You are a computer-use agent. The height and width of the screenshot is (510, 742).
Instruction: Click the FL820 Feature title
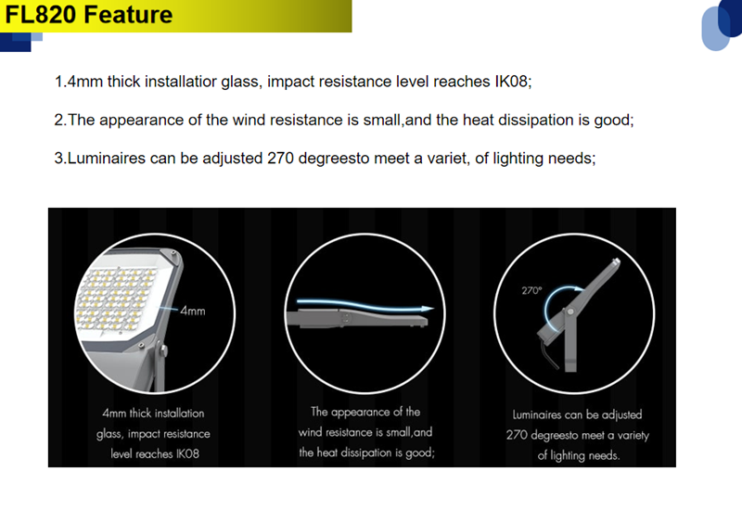88,14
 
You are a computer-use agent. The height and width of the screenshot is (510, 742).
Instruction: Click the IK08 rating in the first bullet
511,82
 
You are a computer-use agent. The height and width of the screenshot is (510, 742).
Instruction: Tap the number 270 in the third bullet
281,158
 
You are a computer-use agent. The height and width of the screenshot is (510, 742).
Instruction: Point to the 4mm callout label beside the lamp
193,311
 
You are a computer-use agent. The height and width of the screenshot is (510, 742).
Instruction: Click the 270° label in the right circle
531,290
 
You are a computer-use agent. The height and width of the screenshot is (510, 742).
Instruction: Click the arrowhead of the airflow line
428,309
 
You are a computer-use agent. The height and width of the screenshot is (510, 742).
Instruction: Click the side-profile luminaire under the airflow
357,318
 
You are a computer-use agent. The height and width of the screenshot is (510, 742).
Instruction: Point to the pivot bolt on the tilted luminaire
570,312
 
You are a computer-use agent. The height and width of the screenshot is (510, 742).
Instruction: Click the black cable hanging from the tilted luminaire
550,353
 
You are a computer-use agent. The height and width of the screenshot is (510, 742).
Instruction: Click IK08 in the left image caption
188,453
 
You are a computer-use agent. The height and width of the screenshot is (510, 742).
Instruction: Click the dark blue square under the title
15,42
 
